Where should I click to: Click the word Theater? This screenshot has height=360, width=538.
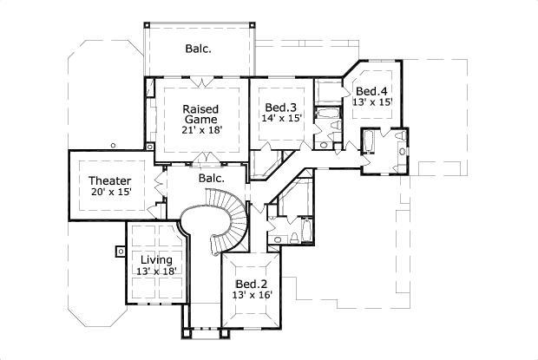click(109, 180)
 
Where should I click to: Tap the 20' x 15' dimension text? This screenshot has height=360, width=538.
click(109, 192)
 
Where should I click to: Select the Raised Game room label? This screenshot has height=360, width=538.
click(200, 114)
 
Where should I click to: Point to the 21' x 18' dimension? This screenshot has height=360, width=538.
click(201, 130)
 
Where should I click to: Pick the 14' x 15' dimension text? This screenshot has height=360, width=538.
click(282, 118)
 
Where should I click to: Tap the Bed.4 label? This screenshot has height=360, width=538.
click(371, 91)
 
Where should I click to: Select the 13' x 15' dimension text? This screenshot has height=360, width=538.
click(373, 102)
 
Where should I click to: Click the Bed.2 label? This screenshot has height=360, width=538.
click(253, 284)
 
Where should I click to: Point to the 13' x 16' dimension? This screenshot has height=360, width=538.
click(253, 295)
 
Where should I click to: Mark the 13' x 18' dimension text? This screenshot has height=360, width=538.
click(157, 272)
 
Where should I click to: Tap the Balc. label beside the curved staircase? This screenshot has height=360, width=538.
click(211, 178)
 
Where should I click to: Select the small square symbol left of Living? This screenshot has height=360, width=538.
click(118, 252)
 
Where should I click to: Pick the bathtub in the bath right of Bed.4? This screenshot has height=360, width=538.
click(368, 141)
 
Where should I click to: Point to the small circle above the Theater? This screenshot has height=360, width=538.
click(114, 146)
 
